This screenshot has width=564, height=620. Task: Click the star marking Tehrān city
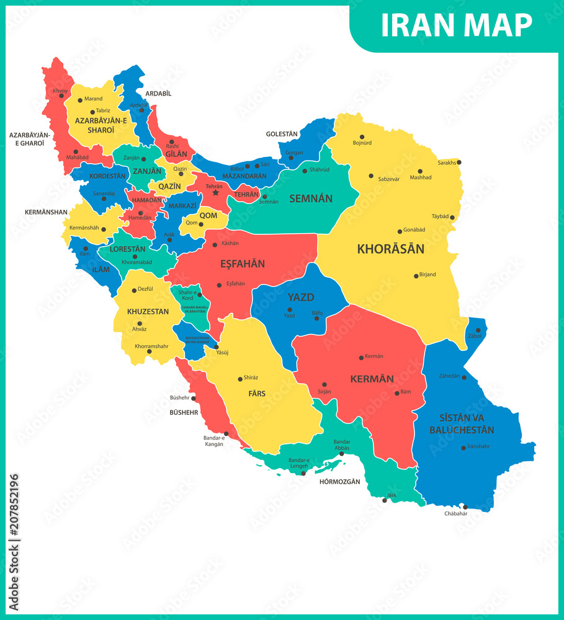click(216, 193)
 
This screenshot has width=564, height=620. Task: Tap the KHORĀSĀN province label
click(390, 249)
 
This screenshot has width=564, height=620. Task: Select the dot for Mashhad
click(420, 171)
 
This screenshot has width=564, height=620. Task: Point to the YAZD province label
click(300, 297)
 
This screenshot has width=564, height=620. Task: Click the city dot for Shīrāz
click(240, 379)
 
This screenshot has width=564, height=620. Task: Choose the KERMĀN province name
click(372, 378)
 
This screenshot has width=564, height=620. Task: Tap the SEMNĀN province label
click(310, 199)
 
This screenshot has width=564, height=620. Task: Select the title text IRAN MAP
click(456, 25)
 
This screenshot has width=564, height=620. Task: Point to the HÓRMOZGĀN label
click(339, 481)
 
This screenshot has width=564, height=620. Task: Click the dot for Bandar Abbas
click(342, 453)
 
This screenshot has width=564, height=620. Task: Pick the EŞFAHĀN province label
click(243, 263)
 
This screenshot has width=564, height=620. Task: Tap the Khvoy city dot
click(61, 96)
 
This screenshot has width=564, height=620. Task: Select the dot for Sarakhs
click(459, 162)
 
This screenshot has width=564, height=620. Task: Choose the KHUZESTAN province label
click(148, 311)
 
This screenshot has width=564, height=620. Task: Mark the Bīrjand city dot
click(416, 276)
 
